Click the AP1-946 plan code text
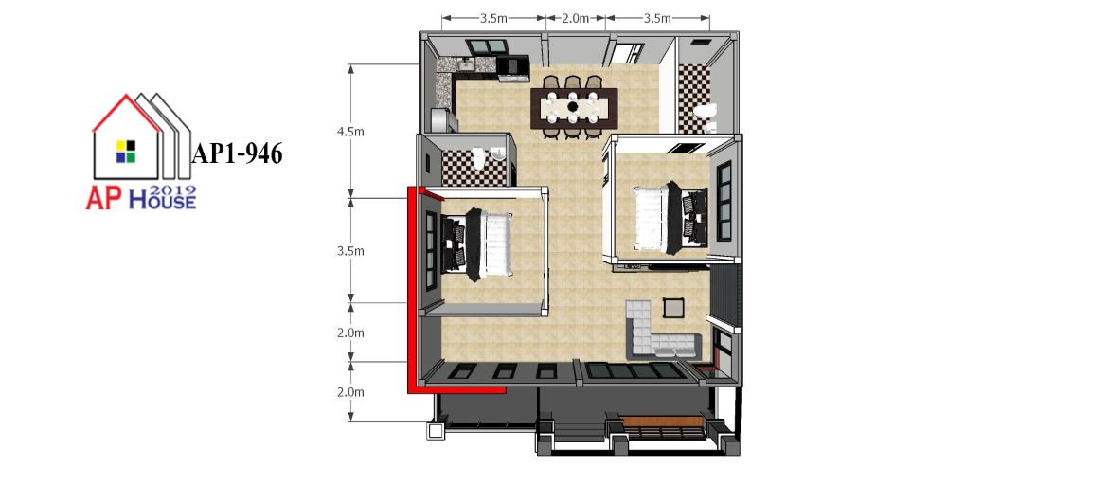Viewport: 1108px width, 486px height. click(x=237, y=153)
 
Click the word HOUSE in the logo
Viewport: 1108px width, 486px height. click(x=162, y=202)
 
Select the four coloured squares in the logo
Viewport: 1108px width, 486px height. click(x=126, y=152)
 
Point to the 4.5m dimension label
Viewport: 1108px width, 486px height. click(x=350, y=132)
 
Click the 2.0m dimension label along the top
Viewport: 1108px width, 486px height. click(x=575, y=18)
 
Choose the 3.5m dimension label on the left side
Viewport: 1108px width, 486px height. click(x=350, y=251)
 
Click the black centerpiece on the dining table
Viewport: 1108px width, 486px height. click(x=572, y=107)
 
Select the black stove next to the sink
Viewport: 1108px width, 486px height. click(x=511, y=65)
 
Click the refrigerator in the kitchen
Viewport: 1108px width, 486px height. click(x=444, y=119)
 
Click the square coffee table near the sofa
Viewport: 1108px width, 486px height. click(x=673, y=308)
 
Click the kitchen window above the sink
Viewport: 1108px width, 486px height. click(x=487, y=46)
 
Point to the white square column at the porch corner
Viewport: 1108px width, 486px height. click(x=436, y=431)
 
